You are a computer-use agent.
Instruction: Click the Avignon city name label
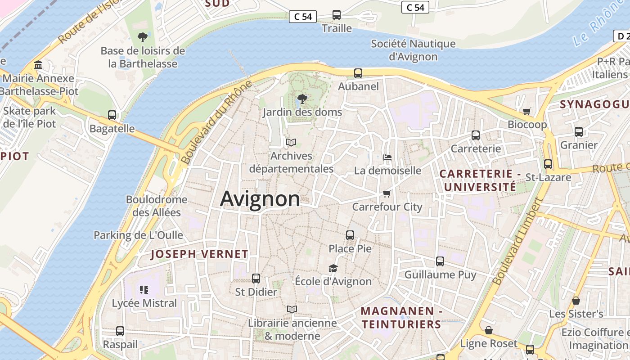click(x=260, y=198)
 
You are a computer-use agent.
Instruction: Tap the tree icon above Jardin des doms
click(x=302, y=99)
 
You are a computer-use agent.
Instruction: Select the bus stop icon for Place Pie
click(x=350, y=235)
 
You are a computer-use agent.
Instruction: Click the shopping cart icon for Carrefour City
click(x=387, y=193)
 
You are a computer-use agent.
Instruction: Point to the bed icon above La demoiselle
click(x=387, y=157)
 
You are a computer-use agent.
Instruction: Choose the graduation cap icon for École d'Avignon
click(x=333, y=268)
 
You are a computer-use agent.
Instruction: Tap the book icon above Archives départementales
click(x=291, y=142)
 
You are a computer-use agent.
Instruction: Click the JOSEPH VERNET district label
click(x=199, y=254)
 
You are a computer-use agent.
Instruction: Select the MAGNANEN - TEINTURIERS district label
click(x=401, y=318)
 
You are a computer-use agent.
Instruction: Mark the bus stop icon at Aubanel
click(x=358, y=73)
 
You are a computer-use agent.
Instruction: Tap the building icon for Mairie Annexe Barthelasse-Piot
click(x=38, y=65)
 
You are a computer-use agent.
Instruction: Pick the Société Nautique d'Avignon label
click(x=413, y=50)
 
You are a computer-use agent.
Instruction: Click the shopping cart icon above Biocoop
click(x=527, y=111)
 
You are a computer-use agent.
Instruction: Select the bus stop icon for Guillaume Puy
click(x=440, y=261)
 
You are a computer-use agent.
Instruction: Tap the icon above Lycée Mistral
click(x=144, y=289)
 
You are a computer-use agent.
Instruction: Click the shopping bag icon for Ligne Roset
click(x=489, y=330)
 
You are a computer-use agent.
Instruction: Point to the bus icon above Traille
click(x=337, y=14)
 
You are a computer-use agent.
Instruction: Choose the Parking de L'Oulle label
click(x=138, y=235)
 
